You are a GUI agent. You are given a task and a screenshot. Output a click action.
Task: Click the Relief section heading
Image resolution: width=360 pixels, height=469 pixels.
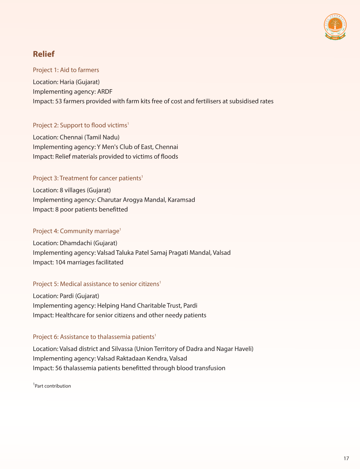click(x=44, y=54)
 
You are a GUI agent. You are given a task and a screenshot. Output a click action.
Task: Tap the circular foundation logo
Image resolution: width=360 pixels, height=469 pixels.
click(x=335, y=26)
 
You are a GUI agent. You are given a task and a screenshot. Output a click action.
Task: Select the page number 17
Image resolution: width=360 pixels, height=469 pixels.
click(x=346, y=458)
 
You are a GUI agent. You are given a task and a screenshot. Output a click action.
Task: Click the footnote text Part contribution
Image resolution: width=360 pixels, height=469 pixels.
click(x=53, y=386)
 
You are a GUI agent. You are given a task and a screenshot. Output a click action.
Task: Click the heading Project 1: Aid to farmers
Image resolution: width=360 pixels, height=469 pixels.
click(x=66, y=70)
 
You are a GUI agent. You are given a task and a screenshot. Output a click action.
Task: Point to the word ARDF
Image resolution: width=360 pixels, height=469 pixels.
click(x=105, y=92)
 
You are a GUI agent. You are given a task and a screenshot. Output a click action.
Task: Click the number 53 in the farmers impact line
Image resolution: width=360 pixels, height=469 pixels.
click(x=58, y=101)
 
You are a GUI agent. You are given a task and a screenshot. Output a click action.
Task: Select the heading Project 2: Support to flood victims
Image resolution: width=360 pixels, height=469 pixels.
click(x=80, y=125)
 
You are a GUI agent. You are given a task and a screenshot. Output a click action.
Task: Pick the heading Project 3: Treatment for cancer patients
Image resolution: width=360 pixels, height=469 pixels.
click(x=87, y=178)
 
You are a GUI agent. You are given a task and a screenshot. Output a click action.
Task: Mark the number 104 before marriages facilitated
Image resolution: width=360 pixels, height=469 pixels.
click(x=60, y=262)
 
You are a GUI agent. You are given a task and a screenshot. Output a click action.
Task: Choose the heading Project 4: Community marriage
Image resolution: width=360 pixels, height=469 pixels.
click(x=76, y=231)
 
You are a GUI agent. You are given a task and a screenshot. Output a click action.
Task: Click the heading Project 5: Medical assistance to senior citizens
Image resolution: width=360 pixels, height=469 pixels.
click(x=96, y=284)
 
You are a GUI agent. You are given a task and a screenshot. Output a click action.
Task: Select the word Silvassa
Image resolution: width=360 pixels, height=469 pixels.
click(x=122, y=349)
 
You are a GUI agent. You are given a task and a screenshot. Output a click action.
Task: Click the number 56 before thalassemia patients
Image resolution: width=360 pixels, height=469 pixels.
click(x=58, y=368)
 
